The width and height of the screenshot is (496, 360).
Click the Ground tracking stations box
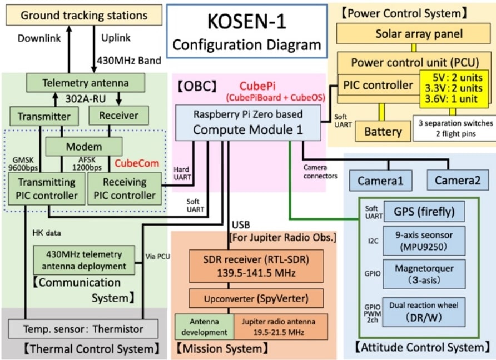tap(83, 15)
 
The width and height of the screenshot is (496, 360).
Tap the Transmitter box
tap(44, 116)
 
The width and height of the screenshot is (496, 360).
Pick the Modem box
tap(83, 147)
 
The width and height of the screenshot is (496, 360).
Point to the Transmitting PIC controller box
tap(46, 188)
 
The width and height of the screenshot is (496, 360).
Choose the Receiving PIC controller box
tap(124, 188)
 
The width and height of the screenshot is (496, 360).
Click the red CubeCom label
tap(137, 163)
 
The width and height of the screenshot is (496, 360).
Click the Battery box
tap(383, 132)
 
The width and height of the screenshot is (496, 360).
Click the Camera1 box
tap(381, 180)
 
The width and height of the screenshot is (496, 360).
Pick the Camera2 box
tap(458, 180)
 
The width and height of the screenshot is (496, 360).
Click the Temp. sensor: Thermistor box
tap(83, 329)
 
